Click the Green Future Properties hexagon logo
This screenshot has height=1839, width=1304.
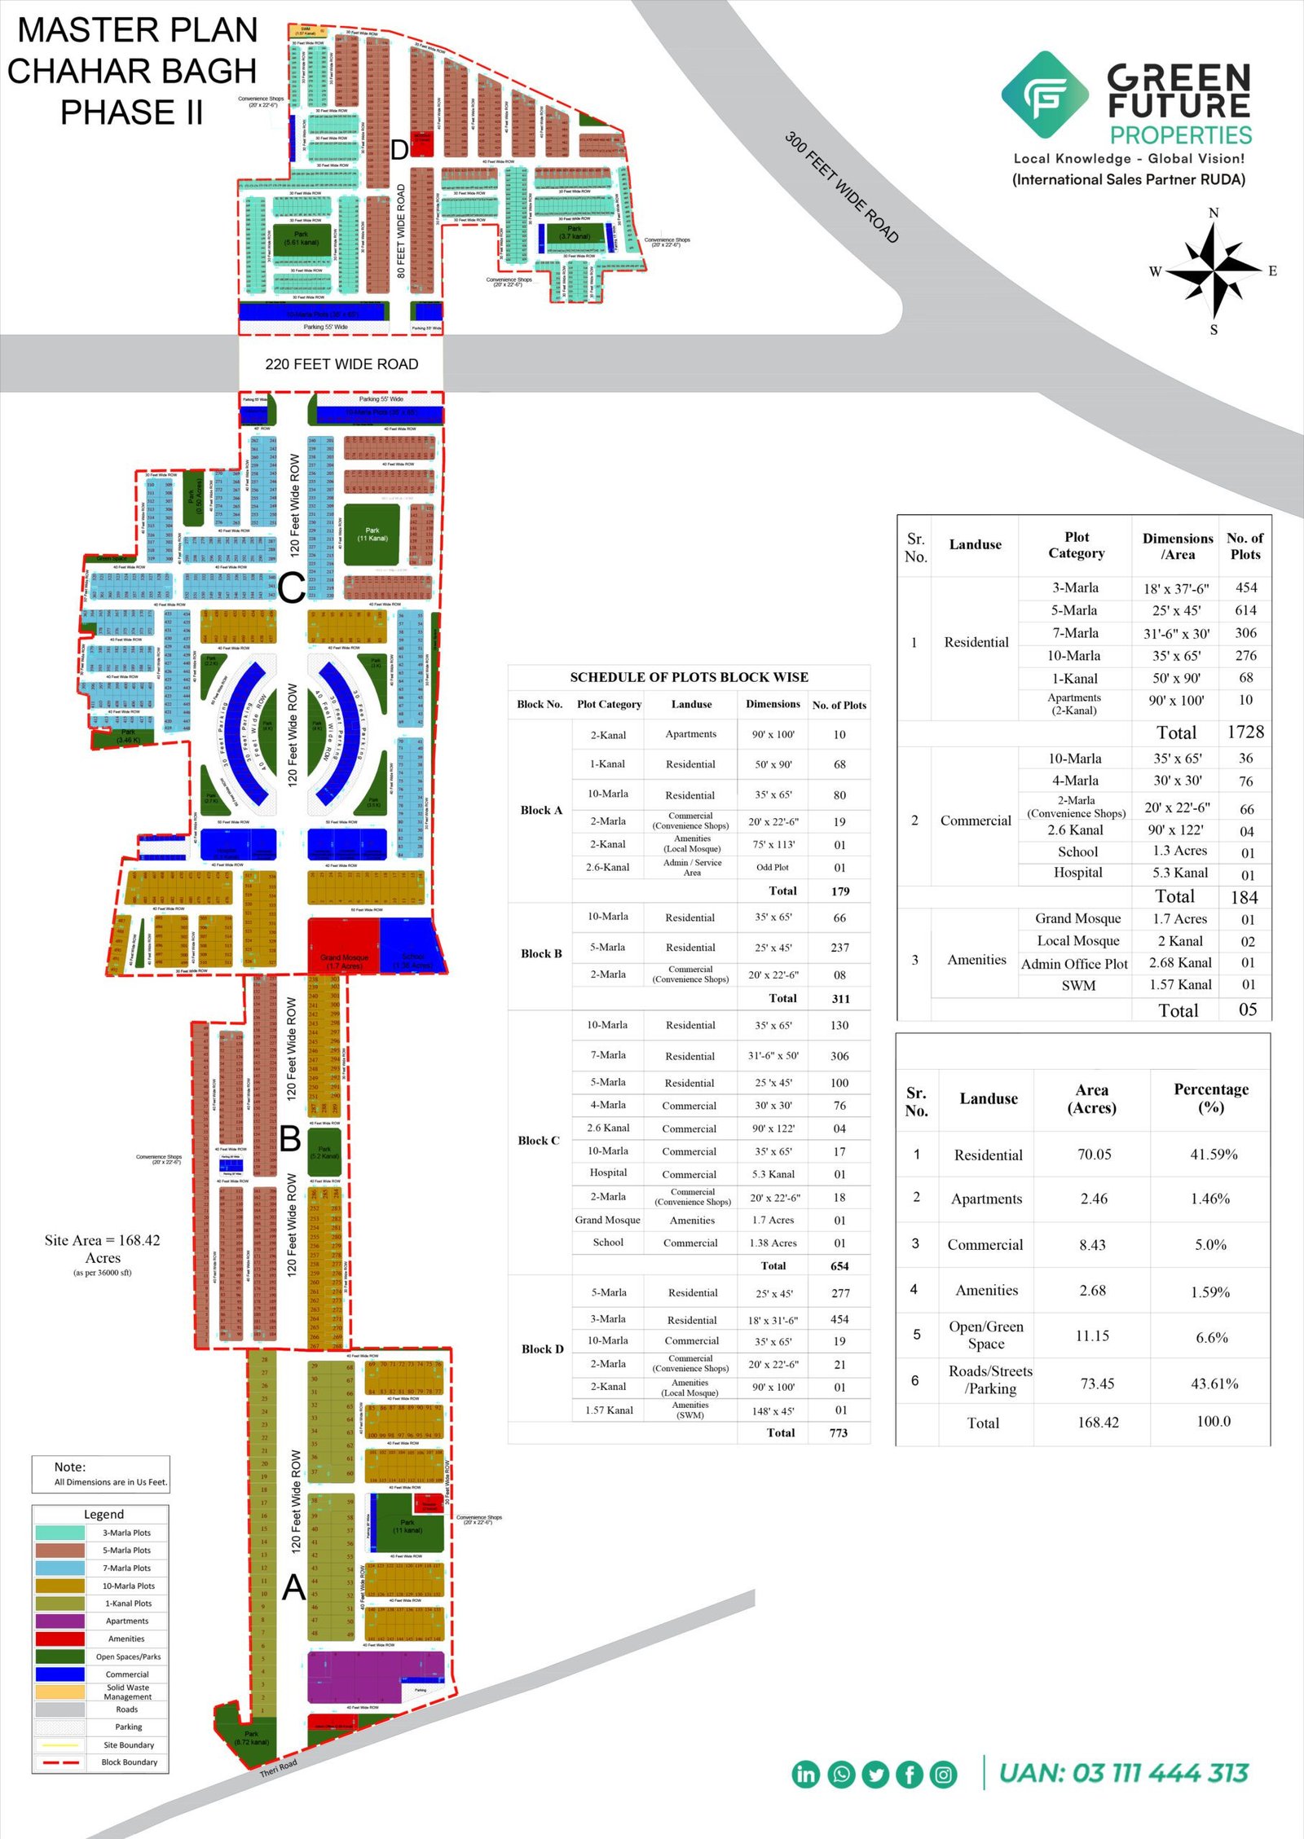pyautogui.click(x=1045, y=95)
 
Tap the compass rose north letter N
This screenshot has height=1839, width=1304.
pyautogui.click(x=1214, y=213)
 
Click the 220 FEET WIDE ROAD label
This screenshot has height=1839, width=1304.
pyautogui.click(x=341, y=364)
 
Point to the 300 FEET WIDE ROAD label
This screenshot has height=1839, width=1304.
pyautogui.click(x=842, y=187)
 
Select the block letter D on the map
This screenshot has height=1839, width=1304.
pyautogui.click(x=399, y=150)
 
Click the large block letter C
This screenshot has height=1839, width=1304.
pyautogui.click(x=291, y=587)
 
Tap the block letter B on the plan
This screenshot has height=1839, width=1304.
pyautogui.click(x=290, y=1138)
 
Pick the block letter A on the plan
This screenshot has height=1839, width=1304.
pyautogui.click(x=293, y=1586)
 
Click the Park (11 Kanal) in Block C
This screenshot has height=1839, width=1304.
pyautogui.click(x=372, y=535)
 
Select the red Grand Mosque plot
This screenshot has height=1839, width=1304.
pyautogui.click(x=343, y=946)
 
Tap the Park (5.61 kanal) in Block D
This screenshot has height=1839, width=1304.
pyautogui.click(x=301, y=238)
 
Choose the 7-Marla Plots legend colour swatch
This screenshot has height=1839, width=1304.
pyautogui.click(x=59, y=1568)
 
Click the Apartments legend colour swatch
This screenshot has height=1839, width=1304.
pyautogui.click(x=59, y=1621)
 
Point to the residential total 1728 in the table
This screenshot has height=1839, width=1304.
pyautogui.click(x=1245, y=732)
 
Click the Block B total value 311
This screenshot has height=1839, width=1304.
pyautogui.click(x=840, y=998)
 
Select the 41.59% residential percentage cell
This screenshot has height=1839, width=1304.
pyautogui.click(x=1213, y=1155)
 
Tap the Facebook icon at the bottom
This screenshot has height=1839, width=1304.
pyautogui.click(x=910, y=1774)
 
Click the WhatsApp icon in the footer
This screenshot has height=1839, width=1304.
pyautogui.click(x=840, y=1774)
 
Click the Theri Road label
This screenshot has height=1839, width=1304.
pyautogui.click(x=279, y=1768)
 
